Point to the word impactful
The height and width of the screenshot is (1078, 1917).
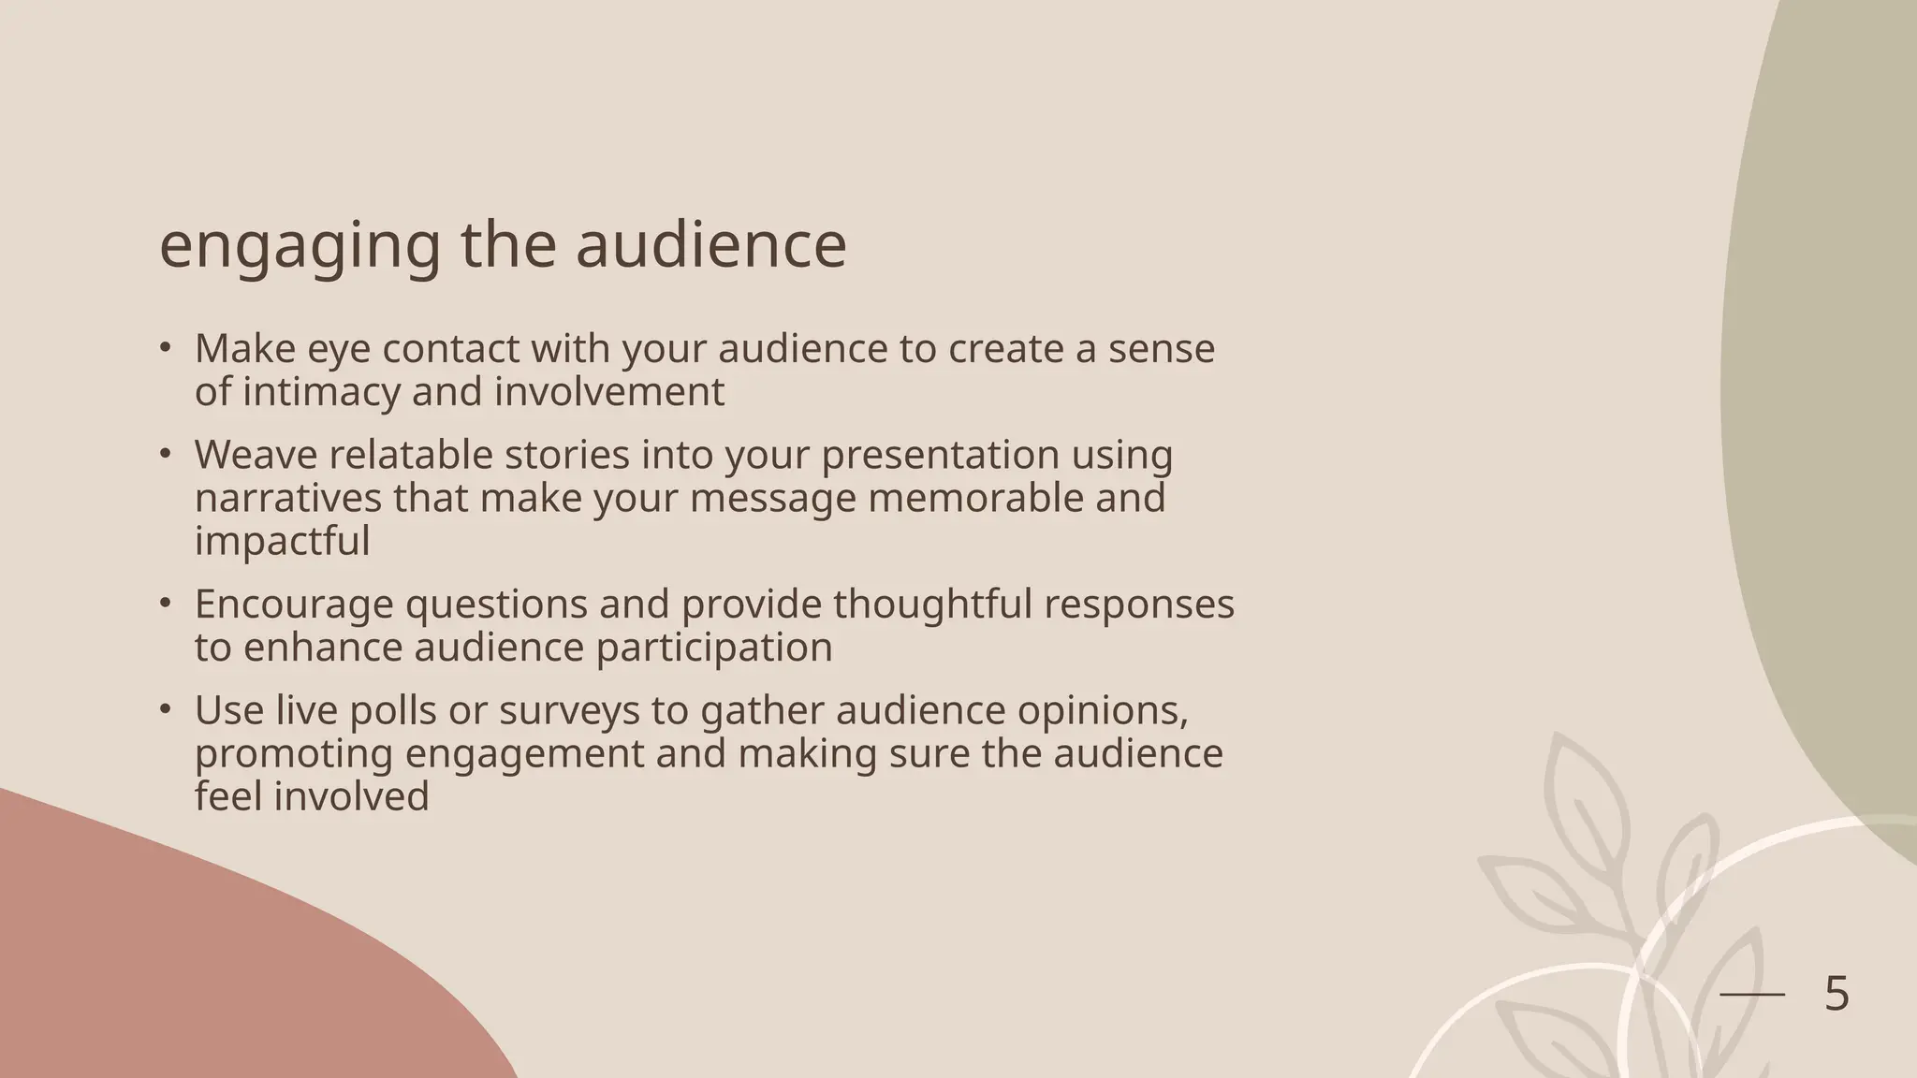tap(282, 541)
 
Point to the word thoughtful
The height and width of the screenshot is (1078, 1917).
tap(932, 604)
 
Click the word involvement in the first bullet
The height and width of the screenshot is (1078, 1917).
tap(608, 391)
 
